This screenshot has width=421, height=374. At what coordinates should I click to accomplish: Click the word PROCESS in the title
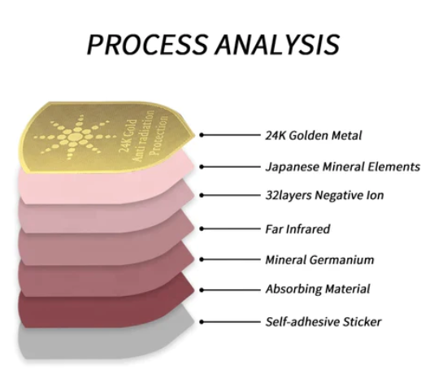coord(147,44)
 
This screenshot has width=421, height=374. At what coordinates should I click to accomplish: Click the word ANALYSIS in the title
coord(277,44)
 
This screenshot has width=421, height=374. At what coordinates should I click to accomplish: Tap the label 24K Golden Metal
coord(314,135)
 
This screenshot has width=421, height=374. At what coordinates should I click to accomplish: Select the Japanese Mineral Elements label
coord(342,167)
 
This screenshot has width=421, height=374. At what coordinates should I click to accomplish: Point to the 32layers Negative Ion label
coord(324,195)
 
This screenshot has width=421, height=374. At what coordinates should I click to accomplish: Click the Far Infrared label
coord(297,229)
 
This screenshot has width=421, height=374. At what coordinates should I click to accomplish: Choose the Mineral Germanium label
coord(319,259)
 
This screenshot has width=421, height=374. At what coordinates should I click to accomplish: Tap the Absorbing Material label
coord(318,289)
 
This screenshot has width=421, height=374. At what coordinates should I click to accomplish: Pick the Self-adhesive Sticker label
coord(323,322)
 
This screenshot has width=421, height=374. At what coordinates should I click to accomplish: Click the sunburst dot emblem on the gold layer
coord(72,137)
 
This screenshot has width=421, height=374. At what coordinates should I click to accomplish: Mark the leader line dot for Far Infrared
coord(202,228)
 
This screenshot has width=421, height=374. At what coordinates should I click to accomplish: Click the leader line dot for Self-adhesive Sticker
coord(202,322)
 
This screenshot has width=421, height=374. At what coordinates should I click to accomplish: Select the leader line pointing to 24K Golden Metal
coord(230,135)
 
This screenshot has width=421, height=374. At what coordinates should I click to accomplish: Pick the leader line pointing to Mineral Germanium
coord(230,259)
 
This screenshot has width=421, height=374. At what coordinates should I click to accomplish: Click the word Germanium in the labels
coord(342,259)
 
